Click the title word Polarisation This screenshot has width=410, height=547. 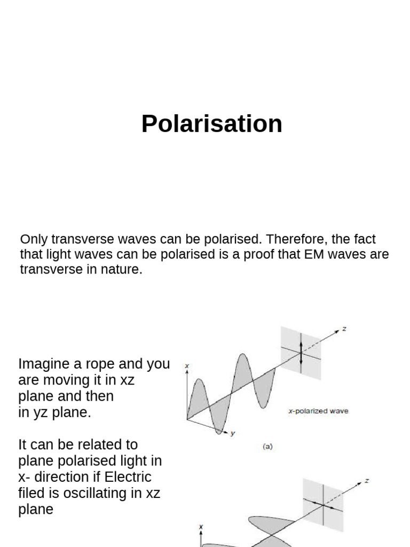click(211, 124)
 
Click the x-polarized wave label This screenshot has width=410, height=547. click(318, 411)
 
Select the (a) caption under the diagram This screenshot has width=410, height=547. click(267, 447)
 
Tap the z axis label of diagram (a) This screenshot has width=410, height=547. click(344, 329)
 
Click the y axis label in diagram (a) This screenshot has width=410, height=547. click(233, 434)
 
